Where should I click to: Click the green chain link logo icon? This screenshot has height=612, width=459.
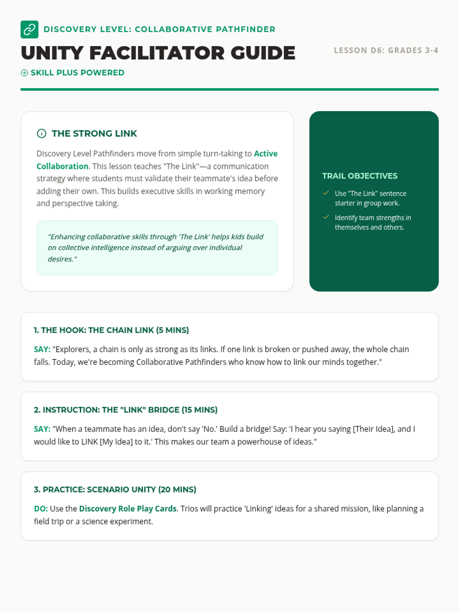pyautogui.click(x=29, y=29)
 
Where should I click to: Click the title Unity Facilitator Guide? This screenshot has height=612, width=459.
pyautogui.click(x=158, y=53)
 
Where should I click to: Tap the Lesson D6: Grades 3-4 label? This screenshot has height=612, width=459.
pyautogui.click(x=386, y=50)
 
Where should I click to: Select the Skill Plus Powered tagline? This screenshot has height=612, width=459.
pyautogui.click(x=77, y=73)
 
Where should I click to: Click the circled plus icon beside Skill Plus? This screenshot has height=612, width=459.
pyautogui.click(x=24, y=73)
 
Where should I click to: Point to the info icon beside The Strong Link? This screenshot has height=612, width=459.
pyautogui.click(x=41, y=133)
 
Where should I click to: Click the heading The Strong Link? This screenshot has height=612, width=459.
pyautogui.click(x=94, y=133)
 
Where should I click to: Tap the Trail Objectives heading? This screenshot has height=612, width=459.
pyautogui.click(x=360, y=176)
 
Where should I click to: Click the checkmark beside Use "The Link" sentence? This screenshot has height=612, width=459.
pyautogui.click(x=326, y=193)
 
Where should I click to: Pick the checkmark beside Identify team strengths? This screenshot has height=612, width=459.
pyautogui.click(x=326, y=217)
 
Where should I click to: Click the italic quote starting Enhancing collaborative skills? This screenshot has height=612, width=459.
pyautogui.click(x=155, y=247)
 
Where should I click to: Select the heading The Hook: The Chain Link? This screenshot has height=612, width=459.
pyautogui.click(x=111, y=330)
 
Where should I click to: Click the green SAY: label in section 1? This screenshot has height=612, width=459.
pyautogui.click(x=42, y=349)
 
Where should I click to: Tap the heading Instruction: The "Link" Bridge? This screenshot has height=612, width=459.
pyautogui.click(x=125, y=410)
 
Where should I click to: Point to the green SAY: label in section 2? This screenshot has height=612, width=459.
pyautogui.click(x=42, y=429)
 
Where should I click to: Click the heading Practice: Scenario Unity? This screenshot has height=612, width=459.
pyautogui.click(x=115, y=490)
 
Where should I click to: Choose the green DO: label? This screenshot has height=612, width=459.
pyautogui.click(x=41, y=509)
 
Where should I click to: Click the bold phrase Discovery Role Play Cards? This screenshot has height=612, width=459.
pyautogui.click(x=128, y=509)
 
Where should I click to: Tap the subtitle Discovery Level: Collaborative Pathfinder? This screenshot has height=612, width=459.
pyautogui.click(x=160, y=29)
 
